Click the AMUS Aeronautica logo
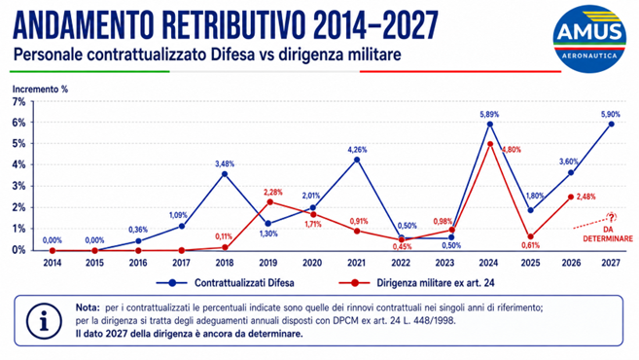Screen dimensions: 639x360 pyautogui.click(x=589, y=39)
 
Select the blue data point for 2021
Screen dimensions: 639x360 pyautogui.click(x=357, y=160)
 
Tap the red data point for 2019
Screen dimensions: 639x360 pyautogui.click(x=269, y=201)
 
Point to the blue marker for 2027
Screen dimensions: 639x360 pyautogui.click(x=611, y=125)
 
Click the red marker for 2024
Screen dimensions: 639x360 pyautogui.click(x=490, y=144)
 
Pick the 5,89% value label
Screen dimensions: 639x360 pyautogui.click(x=489, y=115)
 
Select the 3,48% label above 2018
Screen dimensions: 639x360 pyautogui.click(x=225, y=163)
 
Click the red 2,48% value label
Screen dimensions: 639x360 pyautogui.click(x=586, y=197)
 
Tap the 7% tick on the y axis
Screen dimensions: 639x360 pyautogui.click(x=18, y=102)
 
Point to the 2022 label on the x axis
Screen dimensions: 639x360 pyautogui.click(x=401, y=263)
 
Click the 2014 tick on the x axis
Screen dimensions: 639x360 pyautogui.click(x=53, y=263)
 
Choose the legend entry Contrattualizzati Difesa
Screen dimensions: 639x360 pyautogui.click(x=226, y=283)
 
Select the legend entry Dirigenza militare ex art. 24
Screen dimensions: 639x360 pyautogui.click(x=417, y=283)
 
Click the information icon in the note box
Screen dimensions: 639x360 pyautogui.click(x=44, y=321)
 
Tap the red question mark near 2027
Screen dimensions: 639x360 pyautogui.click(x=612, y=217)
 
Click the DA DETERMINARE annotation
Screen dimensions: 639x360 pyautogui.click(x=608, y=234)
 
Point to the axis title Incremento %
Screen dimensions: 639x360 pyautogui.click(x=40, y=89)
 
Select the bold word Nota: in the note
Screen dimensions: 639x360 pyautogui.click(x=88, y=307)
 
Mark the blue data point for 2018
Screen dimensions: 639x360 pyautogui.click(x=224, y=174)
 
